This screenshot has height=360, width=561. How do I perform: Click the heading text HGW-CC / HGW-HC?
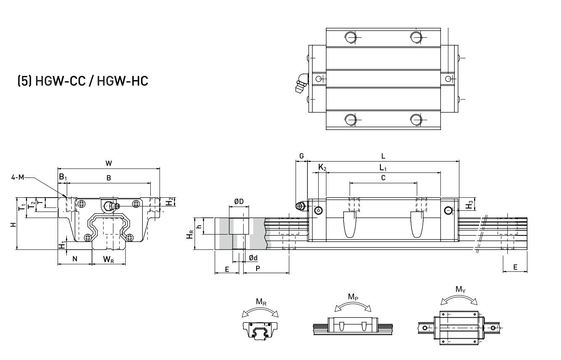(x=91, y=81)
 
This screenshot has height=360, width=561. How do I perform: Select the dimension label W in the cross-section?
(x=109, y=163)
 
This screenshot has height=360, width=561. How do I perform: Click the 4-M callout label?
(x=18, y=177)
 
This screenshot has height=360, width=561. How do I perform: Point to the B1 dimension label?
(x=62, y=178)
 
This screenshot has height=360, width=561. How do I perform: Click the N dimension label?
(x=75, y=259)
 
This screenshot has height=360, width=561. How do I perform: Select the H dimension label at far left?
(x=14, y=224)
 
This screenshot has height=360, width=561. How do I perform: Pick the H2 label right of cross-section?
(x=169, y=202)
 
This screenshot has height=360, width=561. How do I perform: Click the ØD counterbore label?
(x=239, y=202)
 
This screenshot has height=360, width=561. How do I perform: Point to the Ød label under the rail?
(x=253, y=258)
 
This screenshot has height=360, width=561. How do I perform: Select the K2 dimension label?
(x=322, y=167)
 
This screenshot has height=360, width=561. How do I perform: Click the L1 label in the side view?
(x=383, y=167)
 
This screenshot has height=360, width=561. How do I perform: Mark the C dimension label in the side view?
(x=383, y=177)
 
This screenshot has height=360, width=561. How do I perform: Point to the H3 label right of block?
(x=469, y=206)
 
